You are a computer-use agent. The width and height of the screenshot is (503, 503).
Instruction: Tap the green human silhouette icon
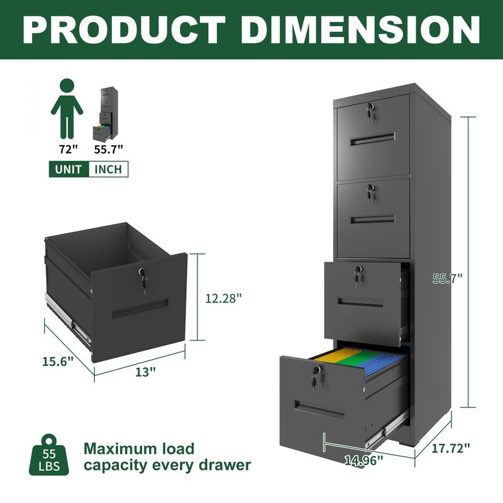[67, 108]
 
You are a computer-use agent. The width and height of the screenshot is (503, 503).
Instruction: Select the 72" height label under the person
[66, 149]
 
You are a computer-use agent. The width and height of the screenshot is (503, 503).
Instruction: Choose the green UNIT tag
[69, 169]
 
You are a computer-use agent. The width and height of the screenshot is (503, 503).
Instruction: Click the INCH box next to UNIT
[108, 169]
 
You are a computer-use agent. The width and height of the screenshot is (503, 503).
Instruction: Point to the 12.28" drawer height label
[223, 299]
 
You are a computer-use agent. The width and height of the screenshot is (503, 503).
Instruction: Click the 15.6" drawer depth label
[58, 361]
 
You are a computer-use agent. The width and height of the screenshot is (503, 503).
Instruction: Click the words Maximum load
[140, 448]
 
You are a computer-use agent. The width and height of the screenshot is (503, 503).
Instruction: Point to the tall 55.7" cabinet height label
[447, 277]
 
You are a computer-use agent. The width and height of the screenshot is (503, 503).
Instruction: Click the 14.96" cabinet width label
[363, 460]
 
